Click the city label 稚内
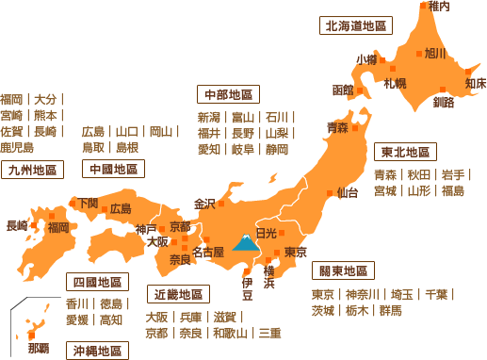coord(439,7)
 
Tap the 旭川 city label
coord(434,54)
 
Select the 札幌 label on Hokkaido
coord(395,84)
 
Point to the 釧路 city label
coord(444,101)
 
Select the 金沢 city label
coord(204,204)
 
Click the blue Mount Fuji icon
coord(246,246)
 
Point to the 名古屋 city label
coord(206,253)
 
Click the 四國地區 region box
coord(98,282)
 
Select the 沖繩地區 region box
coord(99,351)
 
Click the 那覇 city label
coord(39,348)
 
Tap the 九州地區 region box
coord(31,171)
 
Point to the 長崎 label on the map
coord(17,226)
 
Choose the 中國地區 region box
coord(111,170)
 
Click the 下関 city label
coord(87,203)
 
